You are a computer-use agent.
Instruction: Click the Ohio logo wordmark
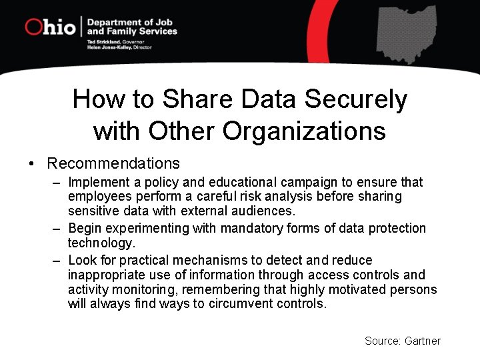pyautogui.click(x=50, y=27)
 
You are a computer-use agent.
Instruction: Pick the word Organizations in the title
pyautogui.click(x=304, y=131)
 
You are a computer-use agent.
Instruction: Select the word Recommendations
pyautogui.click(x=113, y=163)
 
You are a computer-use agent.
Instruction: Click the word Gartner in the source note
pyautogui.click(x=423, y=341)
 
